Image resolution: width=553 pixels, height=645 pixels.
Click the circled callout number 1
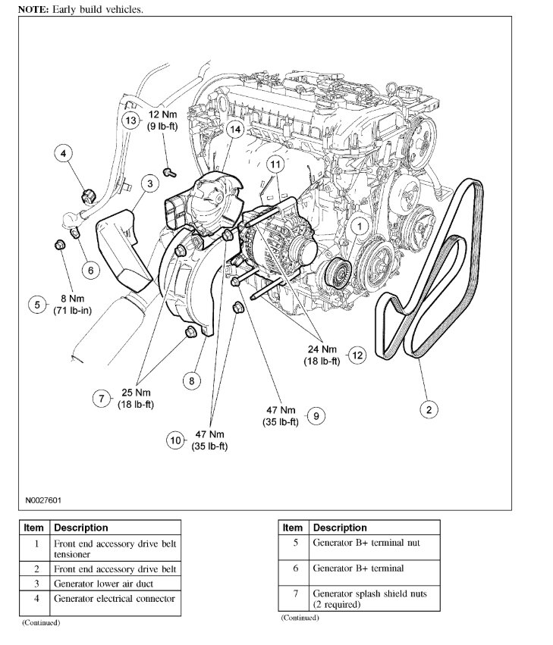point(359,225)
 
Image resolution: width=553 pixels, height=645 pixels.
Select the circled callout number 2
point(429,410)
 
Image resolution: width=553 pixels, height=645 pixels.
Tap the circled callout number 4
point(64,155)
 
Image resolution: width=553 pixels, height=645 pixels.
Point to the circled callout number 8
point(192,381)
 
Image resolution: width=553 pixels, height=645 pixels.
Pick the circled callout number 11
point(274,164)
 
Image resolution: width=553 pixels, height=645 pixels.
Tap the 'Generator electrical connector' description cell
point(115,599)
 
